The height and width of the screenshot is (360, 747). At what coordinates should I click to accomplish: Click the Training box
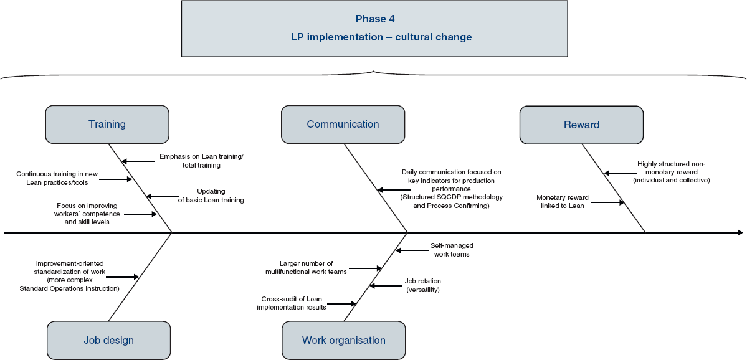tap(107, 125)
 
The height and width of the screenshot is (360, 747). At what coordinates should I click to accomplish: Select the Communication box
tap(343, 125)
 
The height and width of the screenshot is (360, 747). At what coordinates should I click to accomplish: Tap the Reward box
tap(581, 125)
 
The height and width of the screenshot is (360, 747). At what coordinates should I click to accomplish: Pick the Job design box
tap(108, 340)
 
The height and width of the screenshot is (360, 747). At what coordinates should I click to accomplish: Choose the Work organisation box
tap(343, 340)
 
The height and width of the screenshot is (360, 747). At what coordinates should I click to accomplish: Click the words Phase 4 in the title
tap(375, 19)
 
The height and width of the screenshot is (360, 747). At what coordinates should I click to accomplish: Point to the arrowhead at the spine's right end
tap(740, 233)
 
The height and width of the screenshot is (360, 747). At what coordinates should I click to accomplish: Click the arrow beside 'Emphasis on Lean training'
tap(138, 161)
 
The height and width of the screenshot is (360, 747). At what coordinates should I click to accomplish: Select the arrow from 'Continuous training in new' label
tap(116, 179)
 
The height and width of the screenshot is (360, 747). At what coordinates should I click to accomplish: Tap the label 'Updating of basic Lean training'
tap(211, 196)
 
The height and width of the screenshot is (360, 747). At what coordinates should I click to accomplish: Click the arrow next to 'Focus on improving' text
tap(141, 214)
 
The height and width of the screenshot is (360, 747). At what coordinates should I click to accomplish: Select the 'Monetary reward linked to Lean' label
tap(563, 201)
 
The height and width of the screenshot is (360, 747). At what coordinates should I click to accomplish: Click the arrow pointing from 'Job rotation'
tap(386, 286)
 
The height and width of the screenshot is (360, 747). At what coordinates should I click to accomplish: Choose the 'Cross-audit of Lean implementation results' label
tap(292, 303)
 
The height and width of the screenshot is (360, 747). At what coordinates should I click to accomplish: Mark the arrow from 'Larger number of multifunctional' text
tap(366, 268)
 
